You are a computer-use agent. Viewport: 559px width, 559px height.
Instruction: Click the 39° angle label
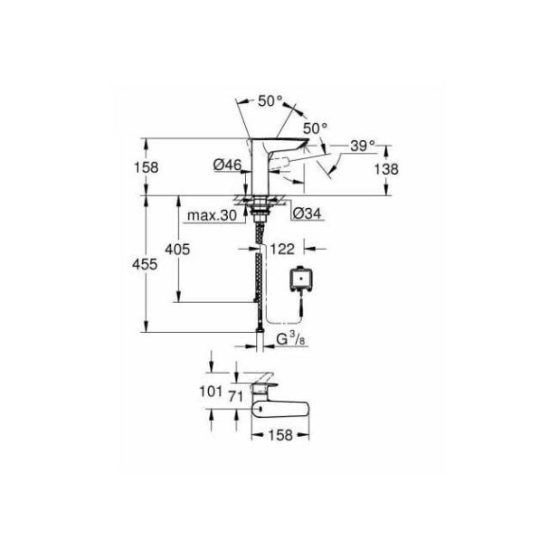pyautogui.click(x=362, y=147)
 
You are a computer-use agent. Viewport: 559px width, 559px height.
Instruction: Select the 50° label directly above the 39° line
pyautogui.click(x=313, y=128)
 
